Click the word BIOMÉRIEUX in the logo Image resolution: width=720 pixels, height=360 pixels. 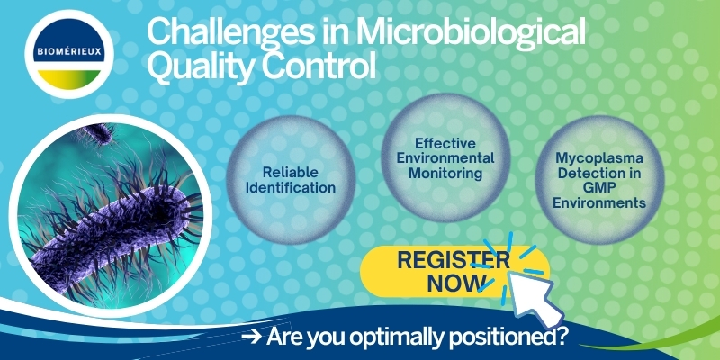click(69, 51)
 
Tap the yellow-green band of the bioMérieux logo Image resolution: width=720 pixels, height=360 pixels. click(69, 80)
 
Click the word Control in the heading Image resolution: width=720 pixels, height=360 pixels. click(319, 66)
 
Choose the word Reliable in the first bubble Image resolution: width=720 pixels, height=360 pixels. click(290, 172)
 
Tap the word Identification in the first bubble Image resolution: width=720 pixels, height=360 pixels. click(290, 187)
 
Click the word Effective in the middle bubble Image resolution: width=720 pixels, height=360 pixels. click(445, 144)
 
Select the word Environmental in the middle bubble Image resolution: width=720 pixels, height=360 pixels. click(445, 158)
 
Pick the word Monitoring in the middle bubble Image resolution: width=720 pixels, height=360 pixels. click(445, 173)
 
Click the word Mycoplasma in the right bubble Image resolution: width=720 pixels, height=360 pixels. click(599, 159)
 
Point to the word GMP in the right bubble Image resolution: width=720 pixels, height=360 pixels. click(599, 188)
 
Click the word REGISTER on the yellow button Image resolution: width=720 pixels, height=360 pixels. click(454, 260)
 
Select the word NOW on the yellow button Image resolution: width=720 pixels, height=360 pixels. click(456, 283)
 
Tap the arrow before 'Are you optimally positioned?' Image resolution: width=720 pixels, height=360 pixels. click(252, 337)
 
